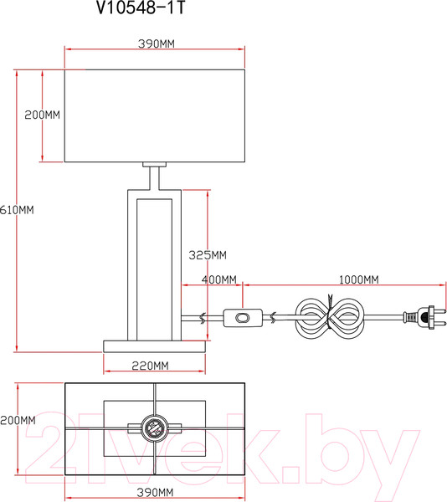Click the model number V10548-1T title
(141, 8)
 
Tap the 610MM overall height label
(17, 210)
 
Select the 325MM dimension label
(208, 255)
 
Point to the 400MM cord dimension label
(219, 279)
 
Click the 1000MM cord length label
(358, 279)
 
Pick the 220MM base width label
(150, 366)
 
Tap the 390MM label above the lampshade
(157, 44)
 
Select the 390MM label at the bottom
(156, 493)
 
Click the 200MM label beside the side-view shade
(42, 115)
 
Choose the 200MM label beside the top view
(18, 420)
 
